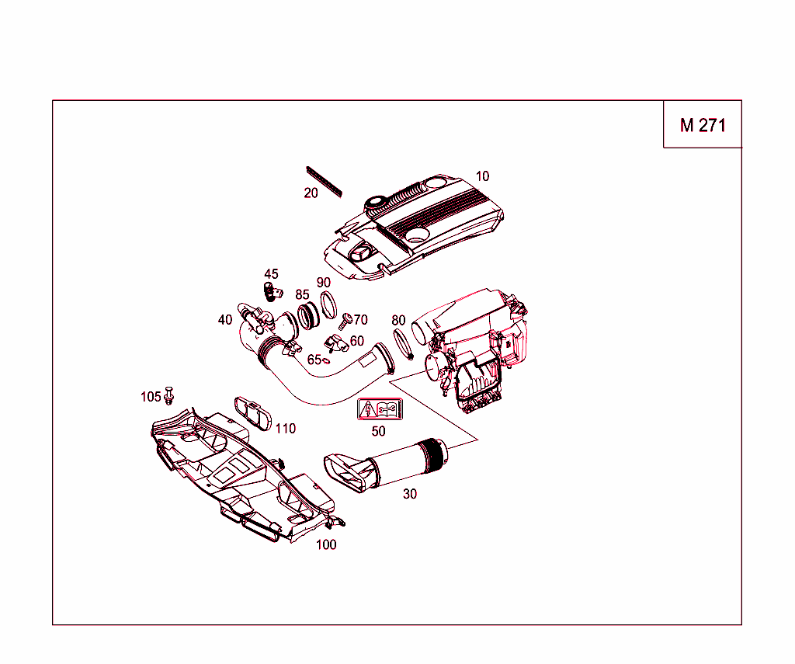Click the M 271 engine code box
click(x=703, y=124)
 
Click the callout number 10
click(x=483, y=176)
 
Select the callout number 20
click(x=311, y=193)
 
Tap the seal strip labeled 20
click(x=325, y=180)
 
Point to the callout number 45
click(x=271, y=274)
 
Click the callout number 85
click(x=302, y=295)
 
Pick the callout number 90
click(x=324, y=283)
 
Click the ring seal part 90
click(x=328, y=303)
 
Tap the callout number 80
click(x=398, y=320)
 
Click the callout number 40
click(x=225, y=320)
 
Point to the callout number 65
click(x=314, y=360)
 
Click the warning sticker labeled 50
click(x=378, y=409)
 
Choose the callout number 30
click(x=410, y=494)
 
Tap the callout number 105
click(x=151, y=397)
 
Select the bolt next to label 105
click(x=170, y=396)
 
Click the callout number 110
click(x=286, y=429)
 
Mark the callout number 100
click(x=326, y=545)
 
